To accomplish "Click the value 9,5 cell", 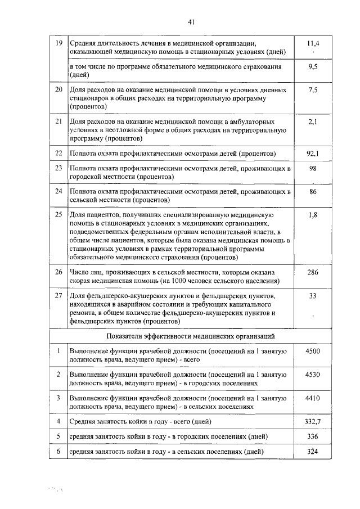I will pyautogui.click(x=314, y=66).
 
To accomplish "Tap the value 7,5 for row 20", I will pyautogui.click(x=314, y=90).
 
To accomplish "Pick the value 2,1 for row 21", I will pyautogui.click(x=314, y=121).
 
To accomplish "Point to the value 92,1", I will pyautogui.click(x=314, y=153).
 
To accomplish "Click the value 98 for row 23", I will pyautogui.click(x=314, y=169).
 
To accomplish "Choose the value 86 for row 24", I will pyautogui.click(x=314, y=192).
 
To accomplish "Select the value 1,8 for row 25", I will pyautogui.click(x=314, y=215).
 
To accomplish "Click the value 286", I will pyautogui.click(x=314, y=272).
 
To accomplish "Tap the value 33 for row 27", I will pyautogui.click(x=314, y=295).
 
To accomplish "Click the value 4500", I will pyautogui.click(x=314, y=351).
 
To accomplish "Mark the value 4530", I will pyautogui.click(x=314, y=374).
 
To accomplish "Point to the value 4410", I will pyautogui.click(x=314, y=398).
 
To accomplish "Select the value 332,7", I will pyautogui.click(x=314, y=421).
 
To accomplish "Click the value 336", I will pyautogui.click(x=314, y=436).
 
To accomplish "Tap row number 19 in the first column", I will pyautogui.click(x=58, y=43).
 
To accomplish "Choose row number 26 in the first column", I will pyautogui.click(x=58, y=272).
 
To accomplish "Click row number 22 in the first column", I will pyautogui.click(x=58, y=153).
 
